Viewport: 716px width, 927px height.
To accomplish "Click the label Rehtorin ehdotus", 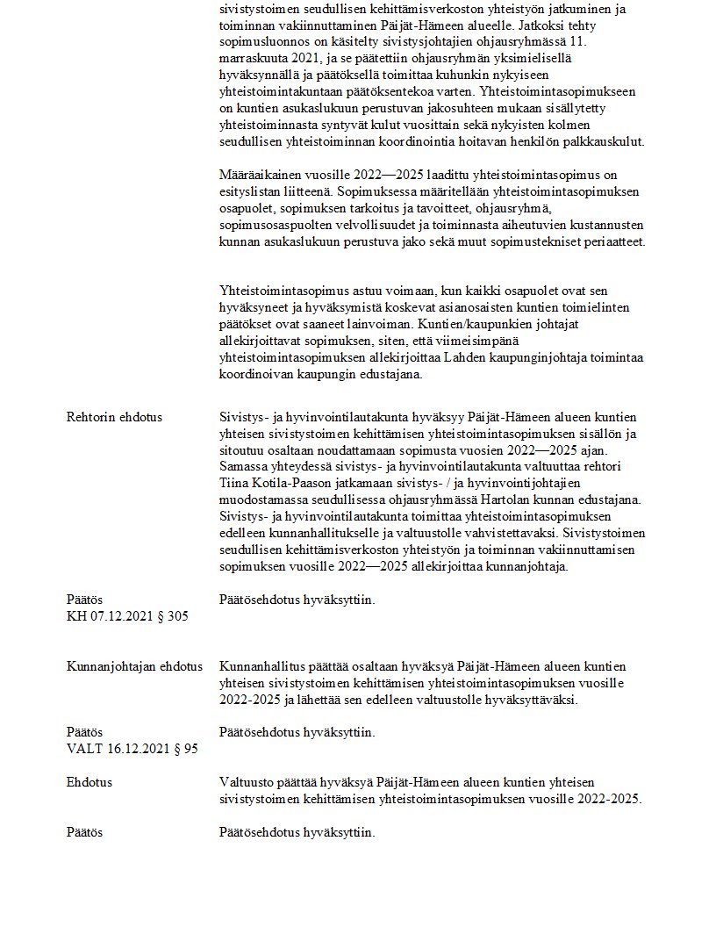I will [x=114, y=417].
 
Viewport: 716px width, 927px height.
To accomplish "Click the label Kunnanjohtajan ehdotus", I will [x=134, y=666].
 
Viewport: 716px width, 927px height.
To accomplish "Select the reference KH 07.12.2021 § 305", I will [x=127, y=616].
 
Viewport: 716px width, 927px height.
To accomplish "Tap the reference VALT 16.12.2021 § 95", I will [x=132, y=749].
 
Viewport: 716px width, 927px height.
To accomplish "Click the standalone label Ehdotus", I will [x=89, y=782].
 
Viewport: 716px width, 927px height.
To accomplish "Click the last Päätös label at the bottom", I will [x=85, y=832].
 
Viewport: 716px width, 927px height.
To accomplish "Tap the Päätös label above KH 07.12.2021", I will [x=85, y=600].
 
